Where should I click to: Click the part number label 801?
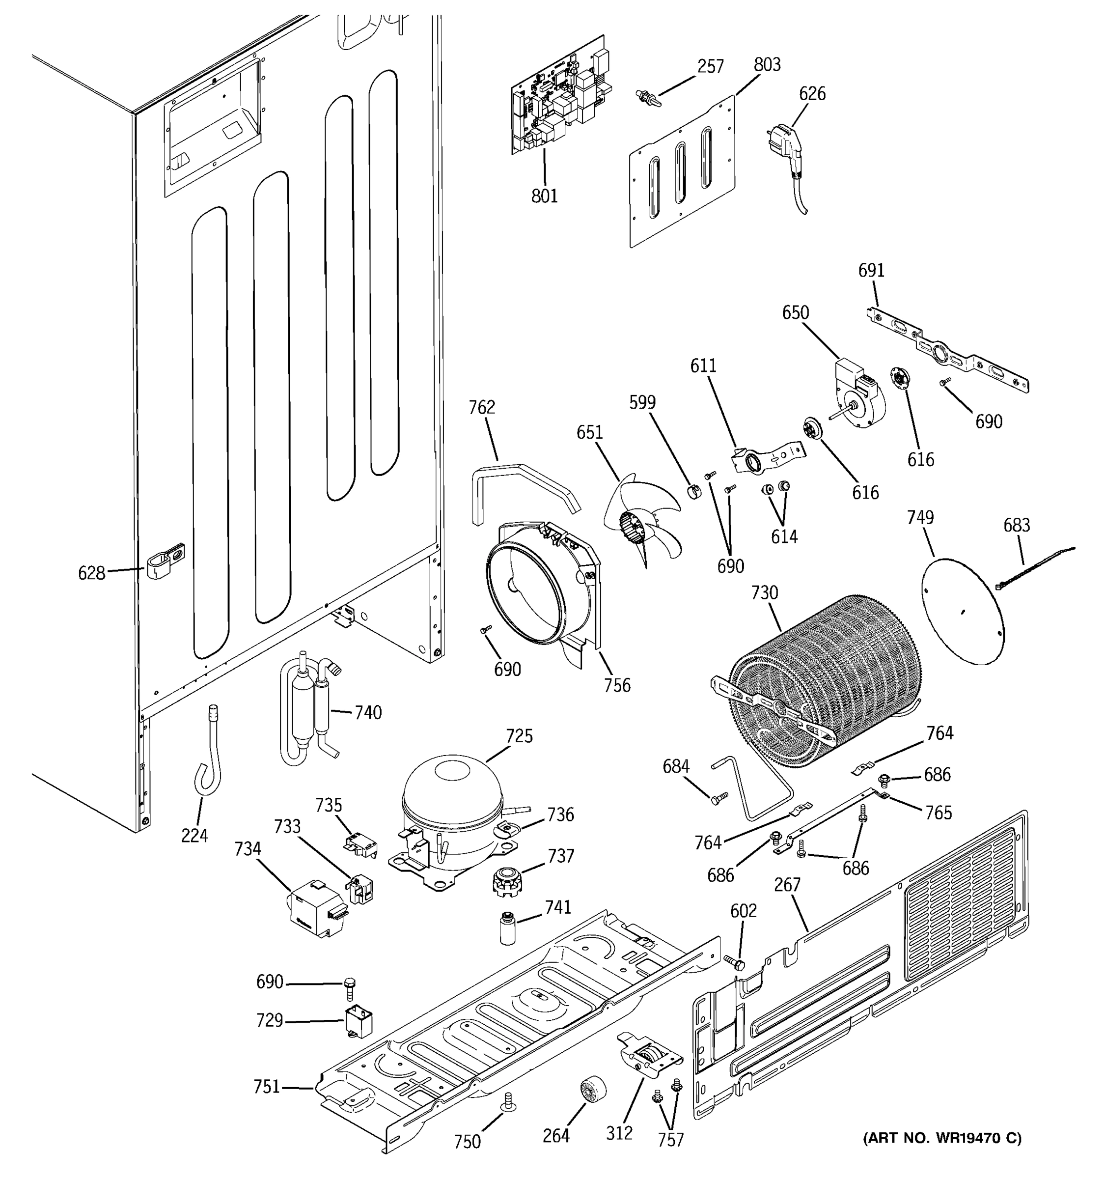[544, 196]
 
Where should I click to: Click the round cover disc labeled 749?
[964, 611]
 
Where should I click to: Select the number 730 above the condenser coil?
[764, 592]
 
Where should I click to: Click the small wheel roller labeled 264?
[592, 1091]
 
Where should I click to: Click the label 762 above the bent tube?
[481, 407]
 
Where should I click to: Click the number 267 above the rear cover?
[787, 885]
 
